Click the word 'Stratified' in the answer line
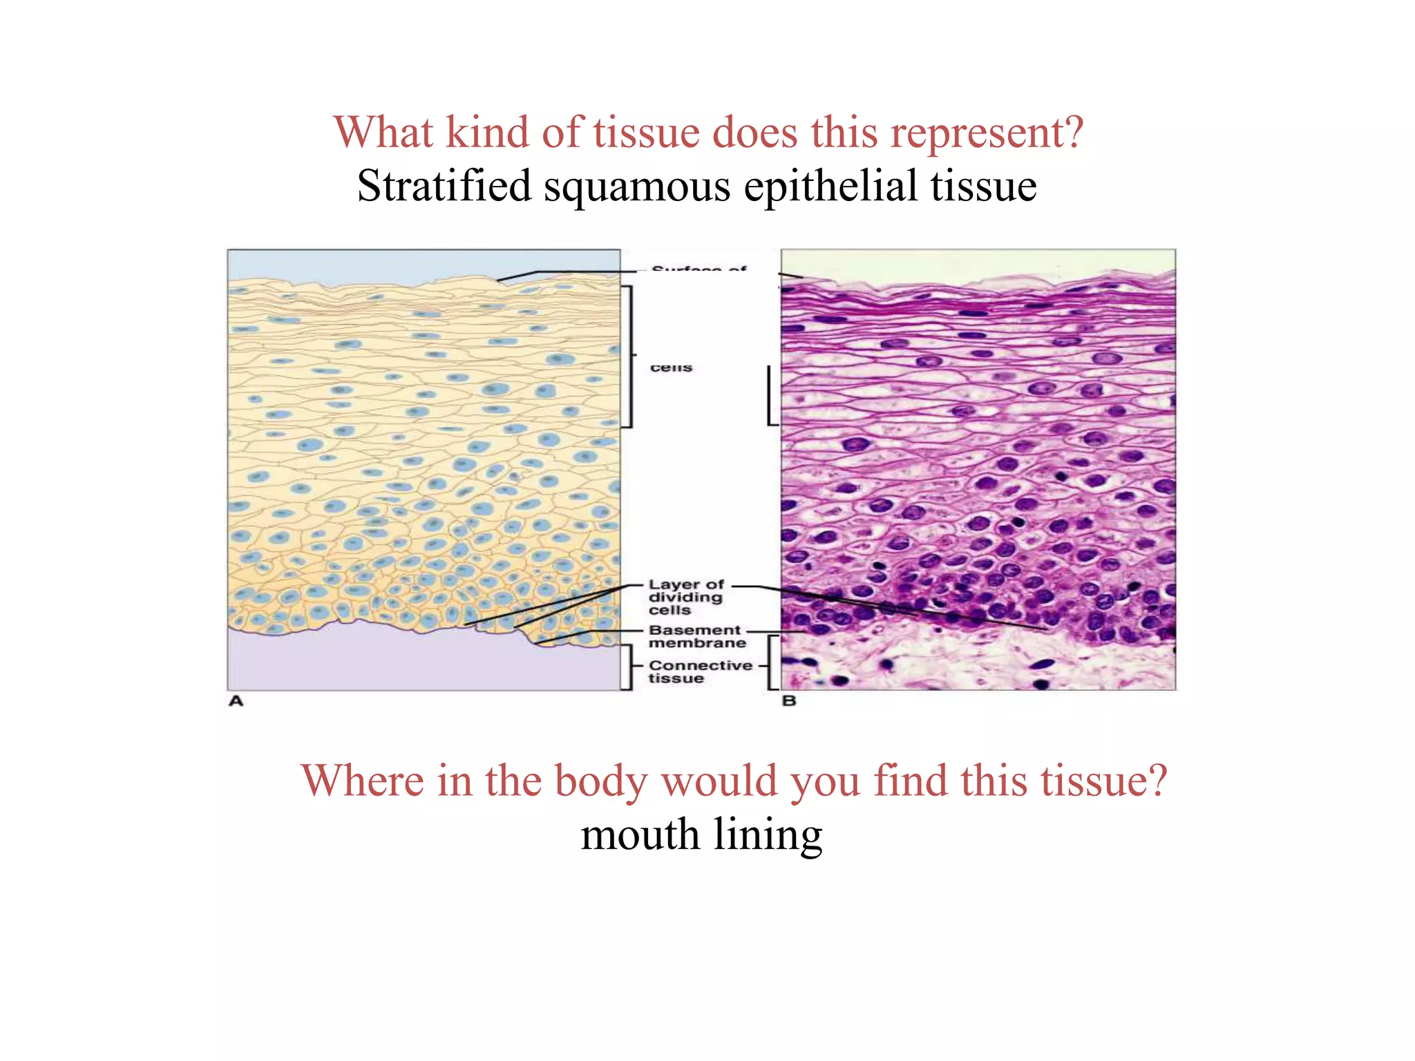coord(444,187)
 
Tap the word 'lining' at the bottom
coord(768,835)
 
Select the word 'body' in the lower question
coord(600,781)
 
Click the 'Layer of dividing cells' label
coord(685,598)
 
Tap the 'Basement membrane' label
coord(696,637)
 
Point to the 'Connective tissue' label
coord(700,671)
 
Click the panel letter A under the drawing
coord(236,701)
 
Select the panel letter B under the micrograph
coord(789,701)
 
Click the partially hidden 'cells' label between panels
coord(671,367)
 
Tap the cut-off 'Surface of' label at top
coord(699,269)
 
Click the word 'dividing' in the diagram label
coord(685,598)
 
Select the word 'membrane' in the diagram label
coord(697,643)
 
